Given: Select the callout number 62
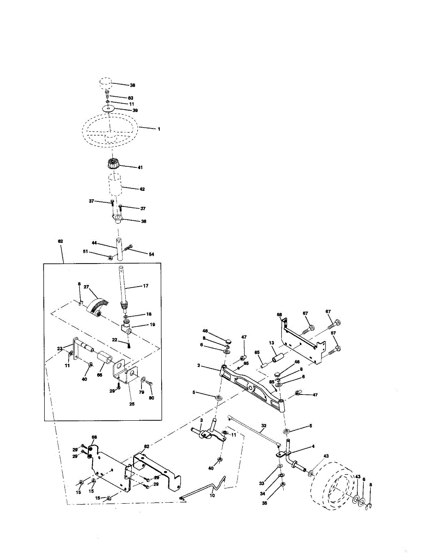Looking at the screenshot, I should (60, 241).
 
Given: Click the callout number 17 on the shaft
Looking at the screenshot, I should (146, 287).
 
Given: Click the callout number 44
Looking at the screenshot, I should (93, 243).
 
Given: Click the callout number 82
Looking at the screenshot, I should (146, 447).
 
